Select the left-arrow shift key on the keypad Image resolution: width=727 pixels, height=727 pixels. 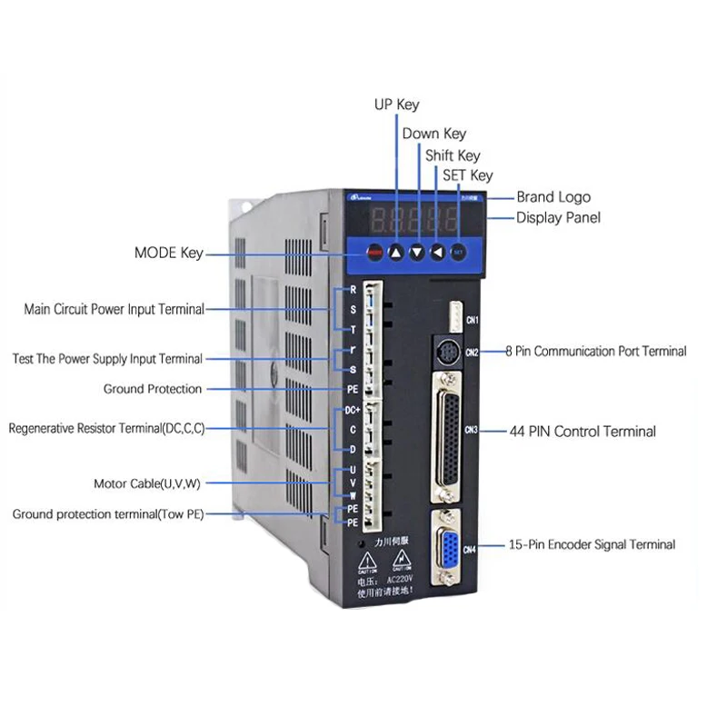438,253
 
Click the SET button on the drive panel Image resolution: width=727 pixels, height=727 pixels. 459,252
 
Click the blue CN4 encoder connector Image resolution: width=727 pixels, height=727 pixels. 448,549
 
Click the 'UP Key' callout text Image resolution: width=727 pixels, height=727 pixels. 397,105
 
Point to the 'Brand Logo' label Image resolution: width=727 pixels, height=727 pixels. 553,197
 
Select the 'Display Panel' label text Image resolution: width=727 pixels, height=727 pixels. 558,218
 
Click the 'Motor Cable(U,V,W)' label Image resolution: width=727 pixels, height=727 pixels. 146,483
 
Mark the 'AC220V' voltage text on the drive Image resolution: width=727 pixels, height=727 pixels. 401,578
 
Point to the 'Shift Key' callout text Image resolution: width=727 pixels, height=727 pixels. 453,156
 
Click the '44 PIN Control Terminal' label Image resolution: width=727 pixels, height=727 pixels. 583,432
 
